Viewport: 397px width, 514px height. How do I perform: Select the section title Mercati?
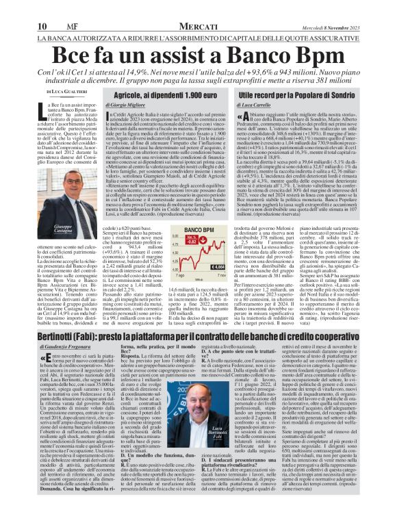point(196,7)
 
